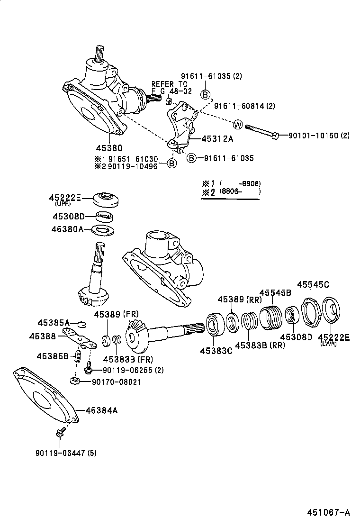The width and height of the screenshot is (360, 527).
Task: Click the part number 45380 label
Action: tap(110, 147)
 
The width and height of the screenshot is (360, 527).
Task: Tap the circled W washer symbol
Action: tap(238, 125)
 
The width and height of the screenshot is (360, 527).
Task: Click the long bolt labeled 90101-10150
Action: tap(263, 131)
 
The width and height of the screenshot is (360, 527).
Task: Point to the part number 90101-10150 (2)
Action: tap(319, 136)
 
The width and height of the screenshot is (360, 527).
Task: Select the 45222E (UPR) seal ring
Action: tap(105, 199)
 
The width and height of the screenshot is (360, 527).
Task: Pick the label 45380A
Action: tap(67, 229)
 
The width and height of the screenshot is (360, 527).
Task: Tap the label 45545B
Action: tap(275, 292)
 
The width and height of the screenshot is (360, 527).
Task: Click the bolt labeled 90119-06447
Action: tap(60, 432)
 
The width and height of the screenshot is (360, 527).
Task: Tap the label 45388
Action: tap(42, 336)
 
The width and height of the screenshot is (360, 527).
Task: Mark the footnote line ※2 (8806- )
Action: tap(231, 192)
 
